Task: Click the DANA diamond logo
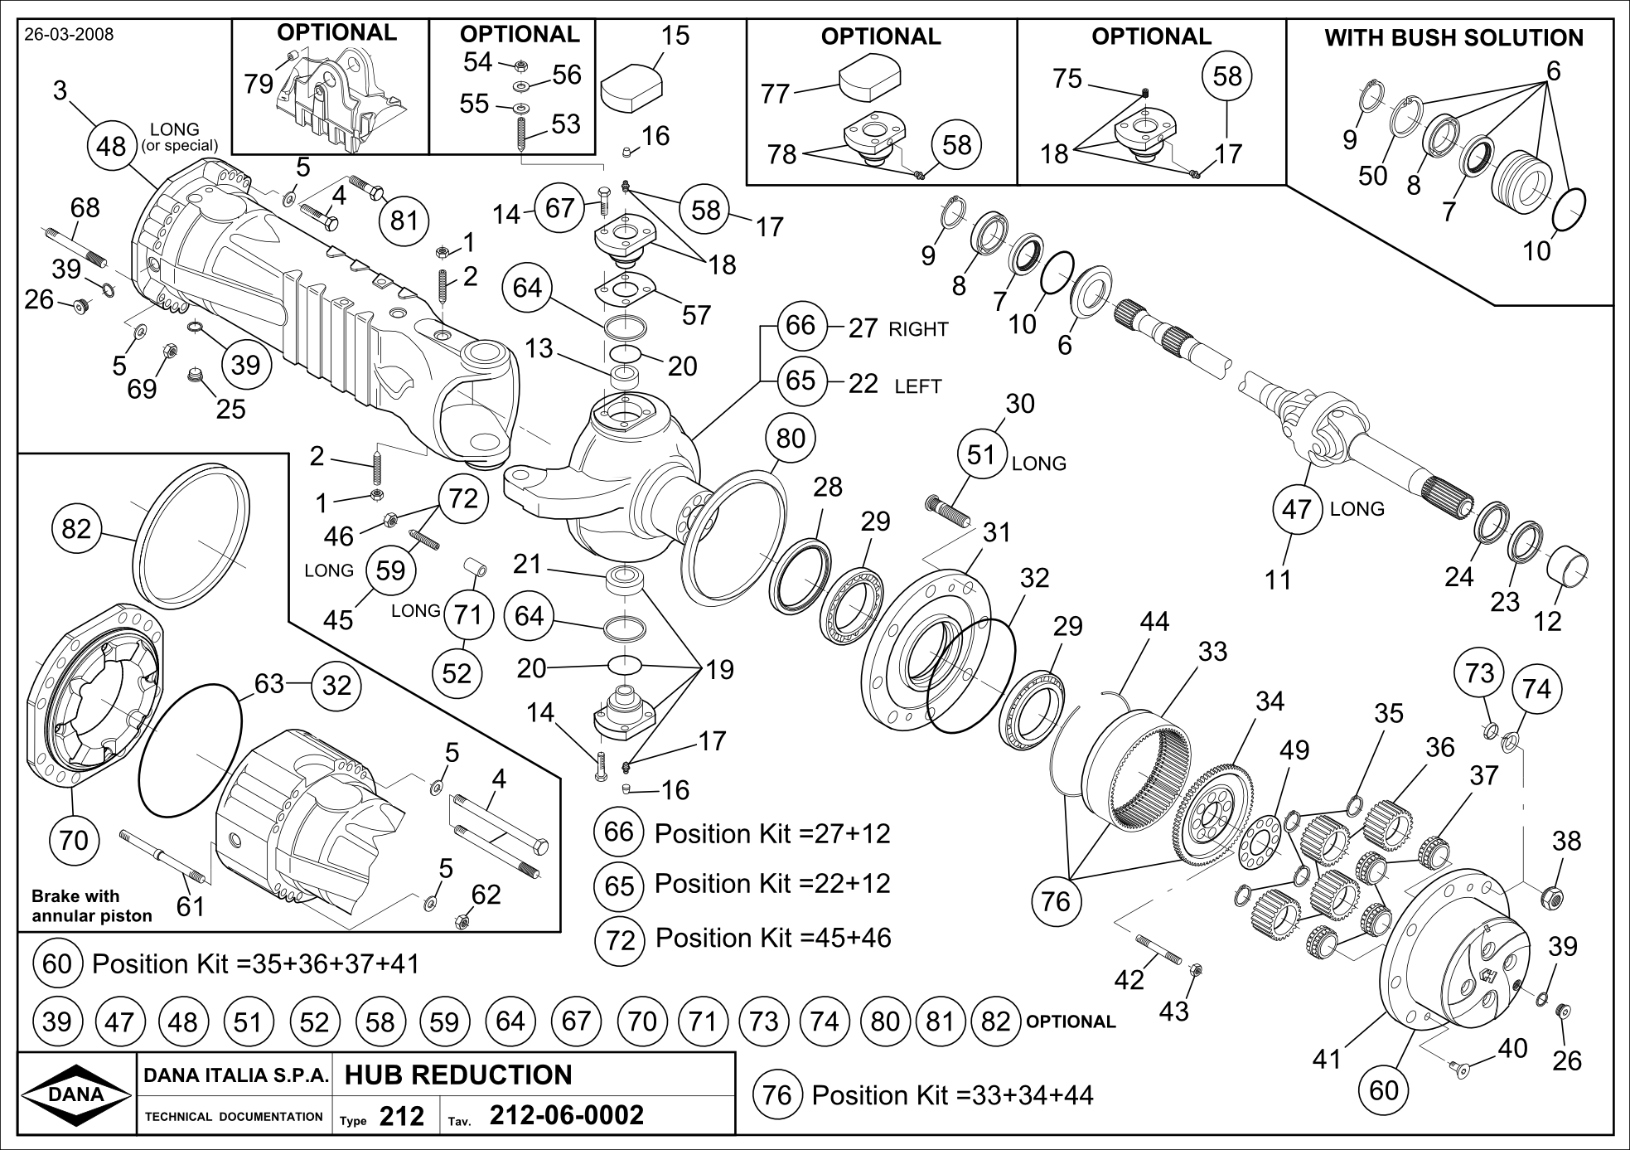[76, 1094]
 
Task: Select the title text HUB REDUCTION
[457, 1075]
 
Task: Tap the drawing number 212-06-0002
[567, 1116]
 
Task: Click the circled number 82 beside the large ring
[76, 528]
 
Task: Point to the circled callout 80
[791, 438]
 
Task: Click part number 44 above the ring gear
[1154, 621]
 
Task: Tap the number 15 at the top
[675, 36]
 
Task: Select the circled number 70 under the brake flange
[74, 841]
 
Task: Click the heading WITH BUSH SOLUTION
[1453, 38]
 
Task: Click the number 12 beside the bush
[1546, 621]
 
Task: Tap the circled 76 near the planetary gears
[1056, 900]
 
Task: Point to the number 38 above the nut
[1566, 841]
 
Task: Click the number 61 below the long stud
[191, 906]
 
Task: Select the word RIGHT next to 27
[918, 329]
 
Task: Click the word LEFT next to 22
[917, 386]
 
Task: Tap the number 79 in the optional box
[259, 83]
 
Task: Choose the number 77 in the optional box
[776, 94]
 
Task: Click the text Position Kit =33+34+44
[952, 1095]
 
